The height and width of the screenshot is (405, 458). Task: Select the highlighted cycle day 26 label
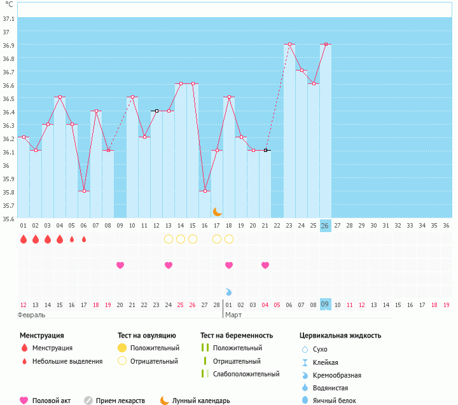(x=325, y=225)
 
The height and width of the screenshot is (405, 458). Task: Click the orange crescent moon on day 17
(x=217, y=211)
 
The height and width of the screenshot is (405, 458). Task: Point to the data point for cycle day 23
(x=289, y=45)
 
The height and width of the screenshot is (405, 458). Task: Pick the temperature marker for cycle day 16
(x=205, y=191)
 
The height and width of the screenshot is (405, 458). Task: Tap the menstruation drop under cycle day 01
(x=24, y=239)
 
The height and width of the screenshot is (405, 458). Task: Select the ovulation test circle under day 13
(x=169, y=239)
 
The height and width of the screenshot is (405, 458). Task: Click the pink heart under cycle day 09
(x=120, y=265)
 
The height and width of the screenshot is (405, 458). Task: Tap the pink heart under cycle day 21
(x=265, y=265)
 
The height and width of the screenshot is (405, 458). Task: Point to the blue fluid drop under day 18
(x=229, y=292)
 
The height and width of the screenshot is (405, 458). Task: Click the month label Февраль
(x=31, y=315)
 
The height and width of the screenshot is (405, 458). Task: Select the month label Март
(x=233, y=315)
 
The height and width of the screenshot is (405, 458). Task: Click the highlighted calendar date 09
(x=325, y=305)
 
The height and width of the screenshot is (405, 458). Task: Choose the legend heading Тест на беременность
(x=236, y=335)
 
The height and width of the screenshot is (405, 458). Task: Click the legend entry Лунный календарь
(x=200, y=401)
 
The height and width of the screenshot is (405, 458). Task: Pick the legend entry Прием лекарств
(x=120, y=401)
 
